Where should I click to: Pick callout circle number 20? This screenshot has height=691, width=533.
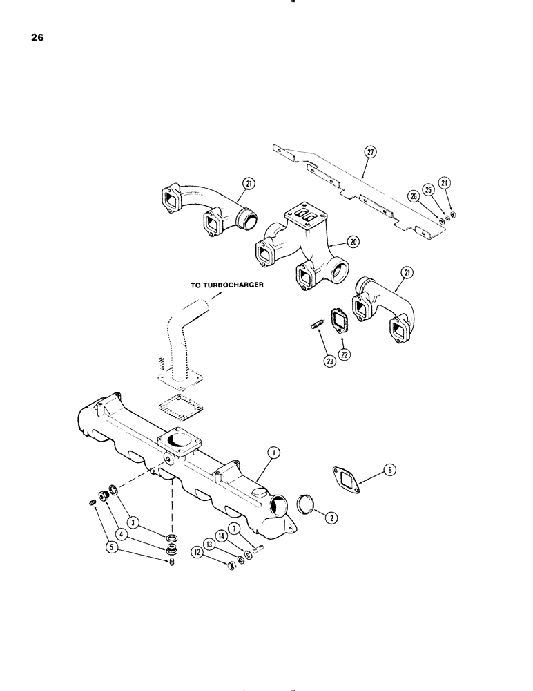pyautogui.click(x=353, y=242)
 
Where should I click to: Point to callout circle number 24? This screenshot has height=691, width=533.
pyautogui.click(x=444, y=184)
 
